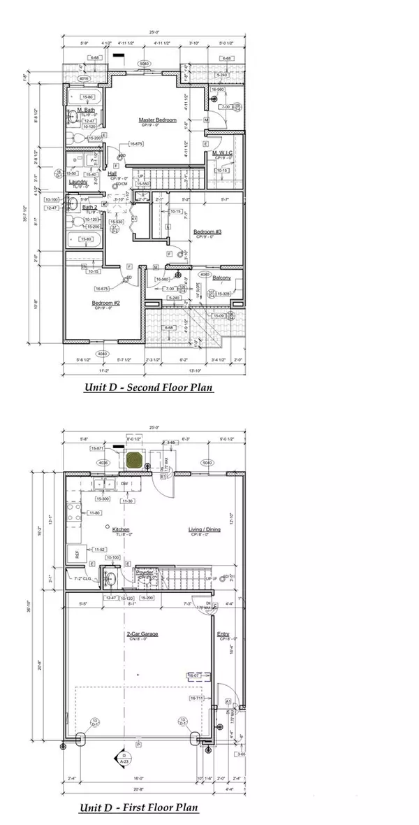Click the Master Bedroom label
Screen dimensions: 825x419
pos(157,120)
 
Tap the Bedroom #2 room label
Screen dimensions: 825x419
pos(106,303)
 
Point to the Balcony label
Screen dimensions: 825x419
pos(232,278)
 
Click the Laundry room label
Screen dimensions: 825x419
pos(78,181)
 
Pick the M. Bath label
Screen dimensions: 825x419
pos(86,110)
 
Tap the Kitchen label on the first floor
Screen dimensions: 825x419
pos(122,529)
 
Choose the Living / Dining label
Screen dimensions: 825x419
pos(204,529)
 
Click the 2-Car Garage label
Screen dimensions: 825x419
pos(142,634)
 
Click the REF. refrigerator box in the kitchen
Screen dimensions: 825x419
pos(75,555)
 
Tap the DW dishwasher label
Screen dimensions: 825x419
pos(124,483)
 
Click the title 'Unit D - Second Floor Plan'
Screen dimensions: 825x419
pos(149,387)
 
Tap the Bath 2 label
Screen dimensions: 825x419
pos(89,207)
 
